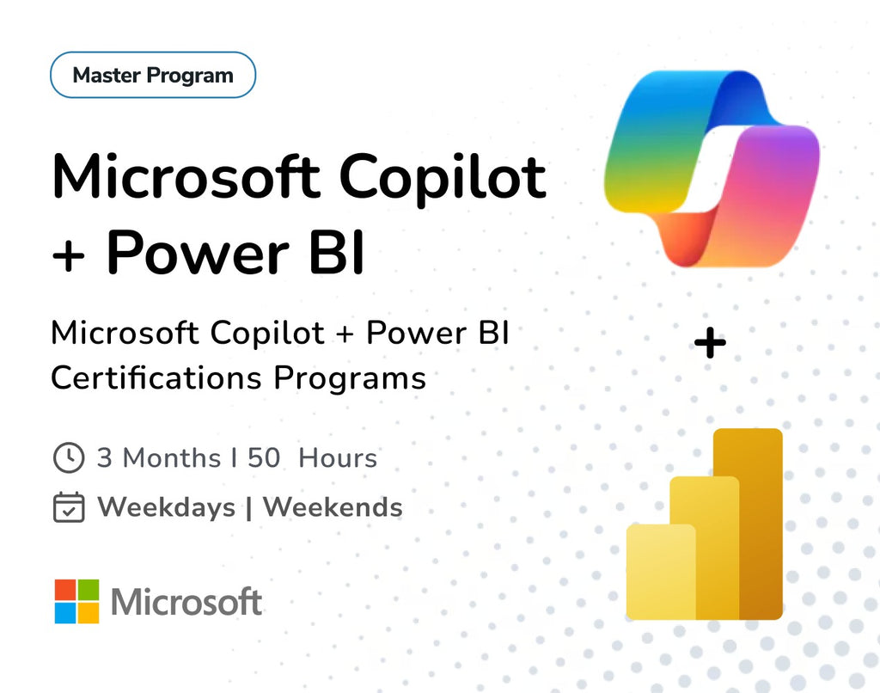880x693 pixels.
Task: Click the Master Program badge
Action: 153,75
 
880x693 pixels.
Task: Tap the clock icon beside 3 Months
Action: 69,457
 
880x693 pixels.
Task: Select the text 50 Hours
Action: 313,457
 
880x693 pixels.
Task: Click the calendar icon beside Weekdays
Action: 69,507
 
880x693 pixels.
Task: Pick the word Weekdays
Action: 166,507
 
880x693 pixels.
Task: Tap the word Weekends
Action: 333,507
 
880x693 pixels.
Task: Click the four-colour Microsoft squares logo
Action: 76,601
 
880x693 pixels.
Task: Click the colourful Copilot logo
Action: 711,168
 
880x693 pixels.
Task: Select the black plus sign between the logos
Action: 710,344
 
